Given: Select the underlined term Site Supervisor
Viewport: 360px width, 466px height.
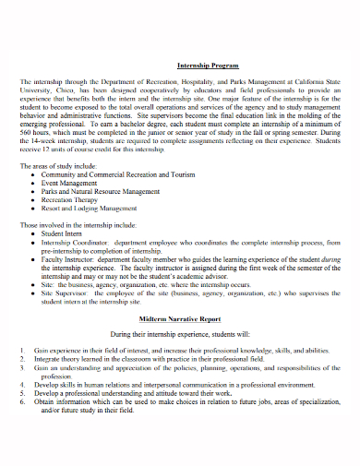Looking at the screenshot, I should coord(73,293).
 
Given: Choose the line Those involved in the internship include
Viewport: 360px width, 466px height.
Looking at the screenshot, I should coord(78,225).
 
